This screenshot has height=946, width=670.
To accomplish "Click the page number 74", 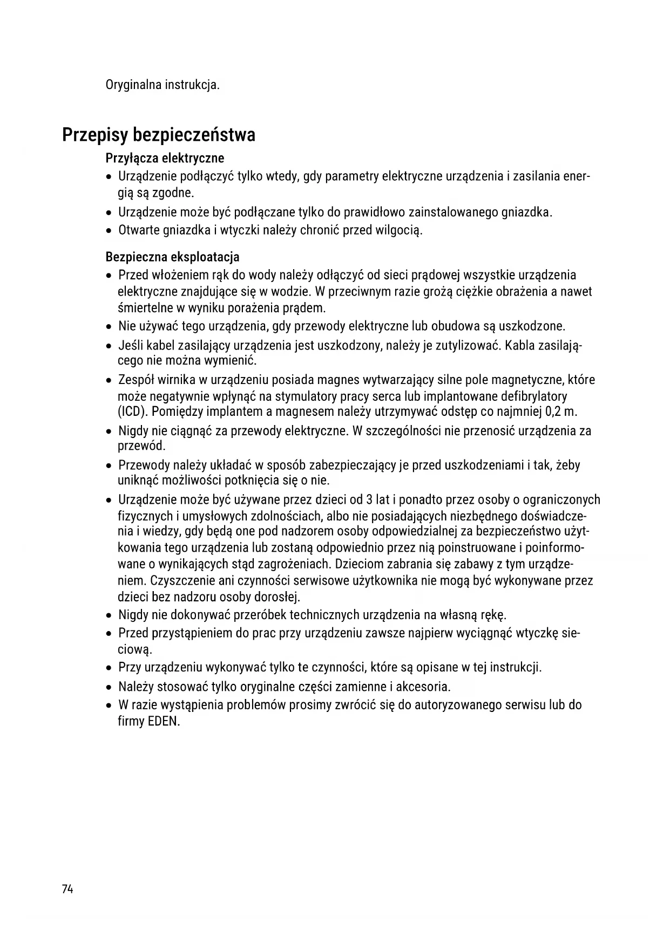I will click(x=67, y=889).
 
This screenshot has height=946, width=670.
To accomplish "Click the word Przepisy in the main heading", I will click(x=94, y=134).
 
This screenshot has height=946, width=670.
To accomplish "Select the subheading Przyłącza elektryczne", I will click(x=165, y=158).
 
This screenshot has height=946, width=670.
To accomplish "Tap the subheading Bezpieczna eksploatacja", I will click(x=172, y=256).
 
